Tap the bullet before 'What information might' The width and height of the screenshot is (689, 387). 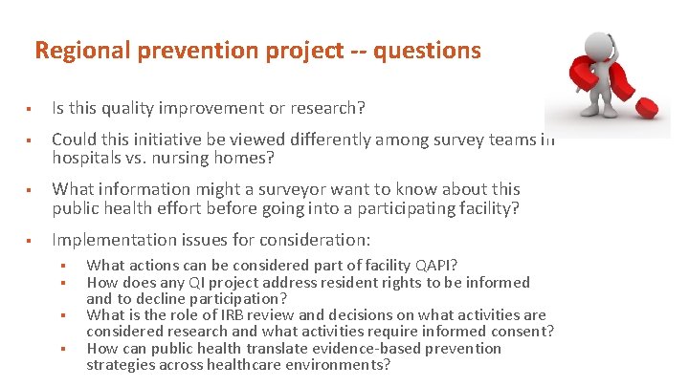pyautogui.click(x=32, y=189)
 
